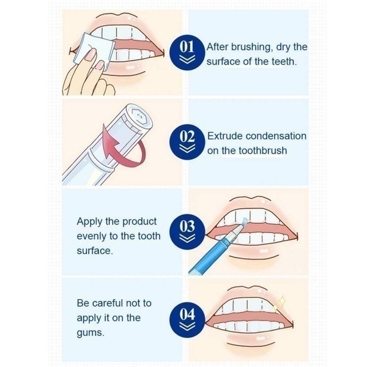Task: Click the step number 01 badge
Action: click(x=188, y=50)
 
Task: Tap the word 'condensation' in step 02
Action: click(x=275, y=136)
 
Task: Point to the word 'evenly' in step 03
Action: click(x=92, y=236)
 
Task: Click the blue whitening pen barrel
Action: click(x=208, y=257)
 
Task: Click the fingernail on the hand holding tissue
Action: click(x=91, y=58)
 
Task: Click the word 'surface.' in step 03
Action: click(x=94, y=251)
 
